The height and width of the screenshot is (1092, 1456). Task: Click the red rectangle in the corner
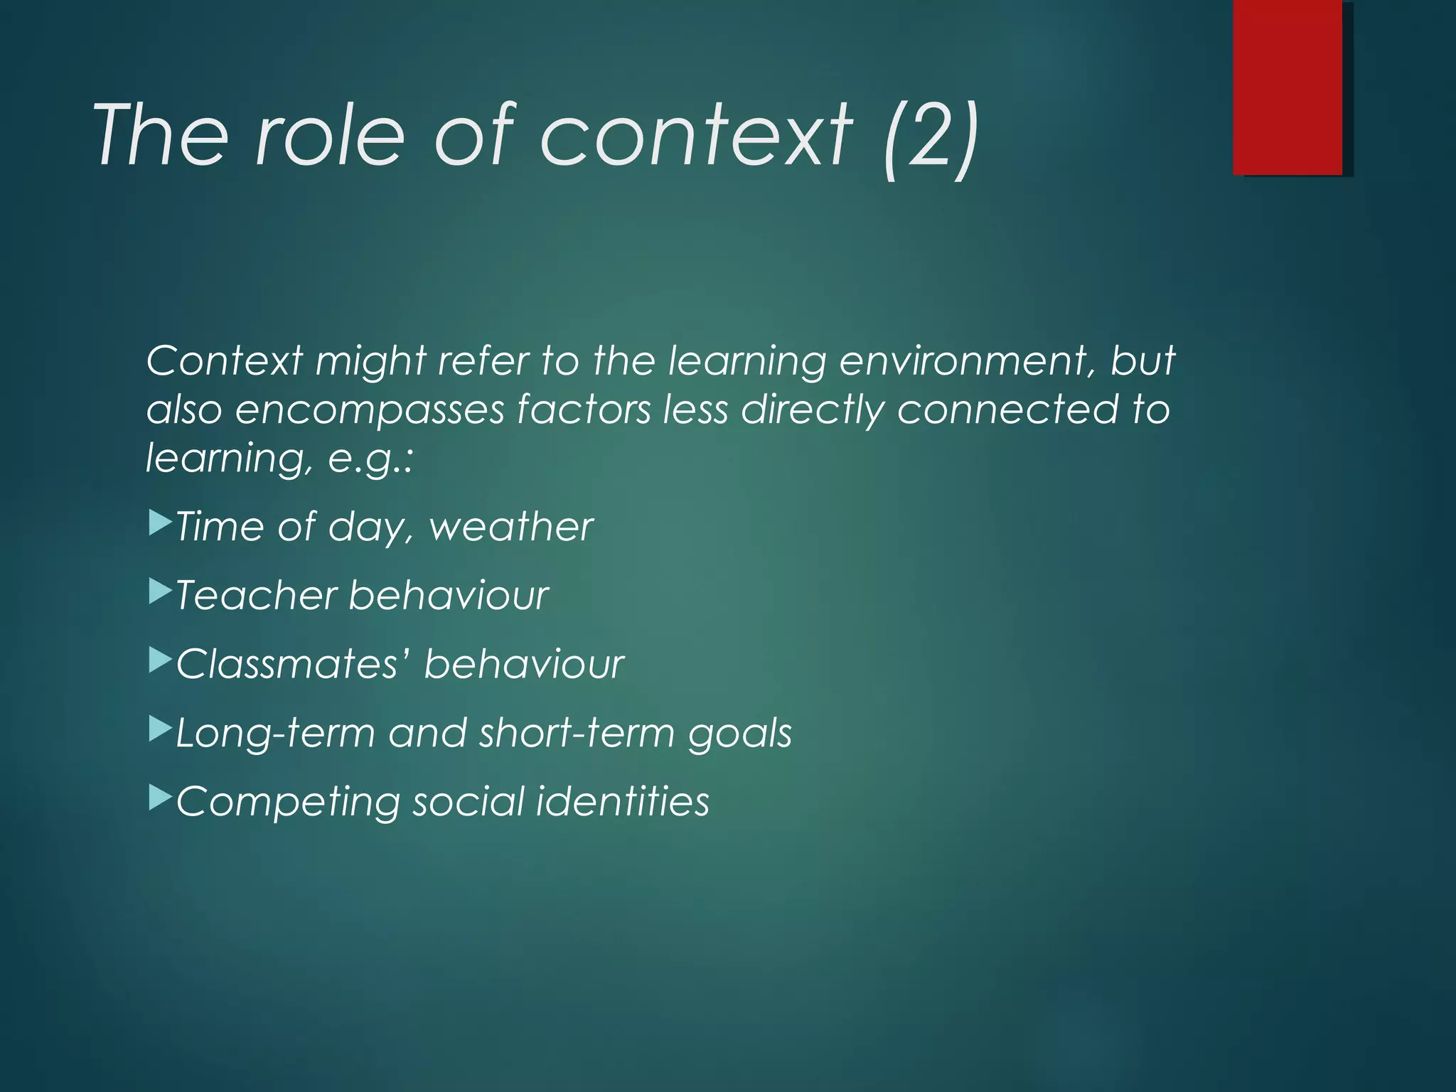click(1288, 87)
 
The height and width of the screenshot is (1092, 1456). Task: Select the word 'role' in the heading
click(329, 135)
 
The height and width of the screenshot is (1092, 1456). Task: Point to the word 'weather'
click(510, 527)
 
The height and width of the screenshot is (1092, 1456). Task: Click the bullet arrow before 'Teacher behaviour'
click(160, 591)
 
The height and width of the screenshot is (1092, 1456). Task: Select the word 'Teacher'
click(255, 595)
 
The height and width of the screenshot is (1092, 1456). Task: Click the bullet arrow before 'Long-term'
click(160, 729)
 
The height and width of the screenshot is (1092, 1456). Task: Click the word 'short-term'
click(576, 733)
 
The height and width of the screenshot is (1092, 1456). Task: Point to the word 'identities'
click(622, 801)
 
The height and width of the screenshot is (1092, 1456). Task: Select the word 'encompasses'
click(369, 411)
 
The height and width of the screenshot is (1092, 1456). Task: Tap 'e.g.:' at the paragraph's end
click(370, 459)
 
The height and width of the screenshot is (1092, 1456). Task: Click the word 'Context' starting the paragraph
click(224, 360)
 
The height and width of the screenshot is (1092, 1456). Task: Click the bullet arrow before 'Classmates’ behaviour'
click(160, 660)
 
